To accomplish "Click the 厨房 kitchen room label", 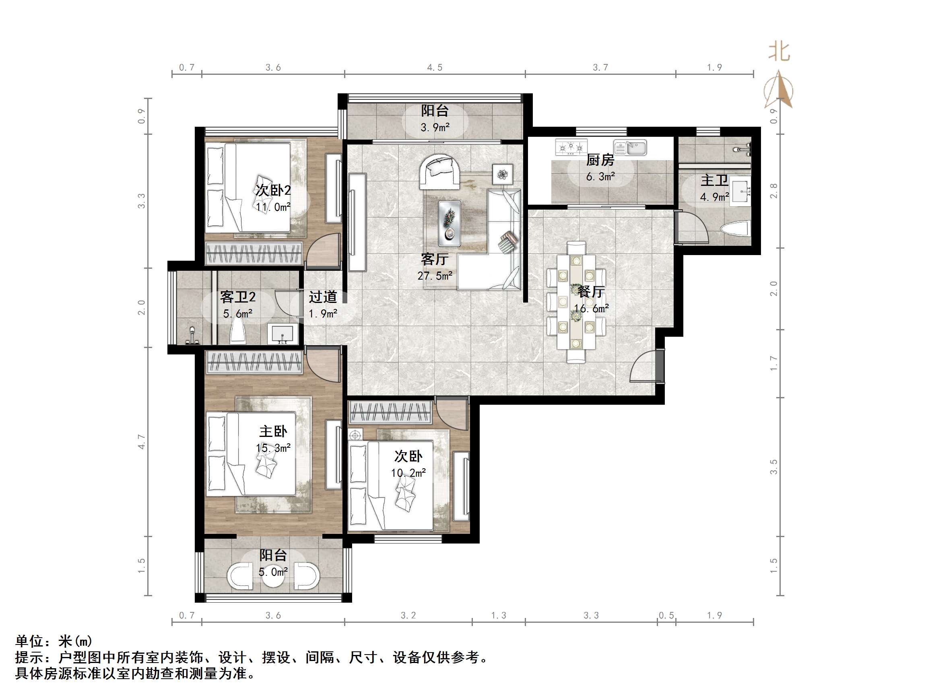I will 600,160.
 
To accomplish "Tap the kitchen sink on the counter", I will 630,148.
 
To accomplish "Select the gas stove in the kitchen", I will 571,148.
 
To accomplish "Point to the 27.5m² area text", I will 435,276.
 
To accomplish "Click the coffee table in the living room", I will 450,223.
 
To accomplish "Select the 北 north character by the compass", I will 779,52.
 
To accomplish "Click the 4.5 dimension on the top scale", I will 435,68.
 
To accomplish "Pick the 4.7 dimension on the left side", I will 141,442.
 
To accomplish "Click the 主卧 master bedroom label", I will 273,431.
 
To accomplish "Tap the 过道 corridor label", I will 323,297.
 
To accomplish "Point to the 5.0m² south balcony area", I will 273,571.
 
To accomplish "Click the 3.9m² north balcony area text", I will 435,127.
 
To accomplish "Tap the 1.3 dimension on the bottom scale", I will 499,616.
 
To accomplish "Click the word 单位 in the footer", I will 30,641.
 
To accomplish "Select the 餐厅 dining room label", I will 591,292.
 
